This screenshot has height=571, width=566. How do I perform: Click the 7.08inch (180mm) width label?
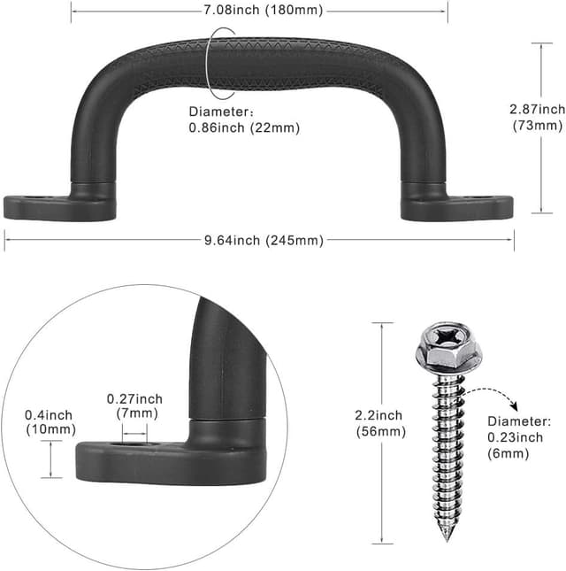click(263, 11)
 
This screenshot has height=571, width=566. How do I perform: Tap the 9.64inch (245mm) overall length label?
click(264, 240)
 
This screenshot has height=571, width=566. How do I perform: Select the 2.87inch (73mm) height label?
click(538, 117)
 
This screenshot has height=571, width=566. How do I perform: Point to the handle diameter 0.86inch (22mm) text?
click(244, 120)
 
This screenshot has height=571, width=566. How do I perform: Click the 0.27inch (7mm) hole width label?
click(134, 406)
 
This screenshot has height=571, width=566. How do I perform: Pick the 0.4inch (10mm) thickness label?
click(50, 422)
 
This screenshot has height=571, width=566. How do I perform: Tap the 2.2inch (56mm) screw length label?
click(380, 423)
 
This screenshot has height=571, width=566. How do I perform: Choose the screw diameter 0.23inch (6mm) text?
click(519, 437)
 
